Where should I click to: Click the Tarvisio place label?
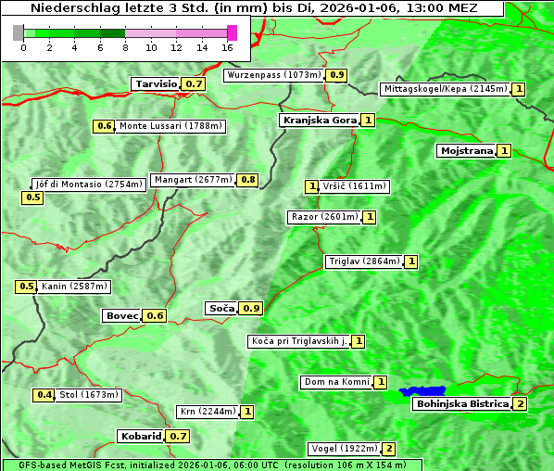[156, 83]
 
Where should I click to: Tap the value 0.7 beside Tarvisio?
[193, 83]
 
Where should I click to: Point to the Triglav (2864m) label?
[364, 261]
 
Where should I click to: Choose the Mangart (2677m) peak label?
[193, 180]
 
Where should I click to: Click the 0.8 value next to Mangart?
[247, 180]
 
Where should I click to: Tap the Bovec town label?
[121, 315]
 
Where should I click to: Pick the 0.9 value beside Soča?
[251, 308]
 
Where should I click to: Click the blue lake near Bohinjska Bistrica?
[422, 391]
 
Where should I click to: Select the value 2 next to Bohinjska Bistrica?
[521, 403]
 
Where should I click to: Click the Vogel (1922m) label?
[344, 449]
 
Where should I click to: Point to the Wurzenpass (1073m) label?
[274, 75]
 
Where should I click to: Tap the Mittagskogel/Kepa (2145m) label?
[446, 89]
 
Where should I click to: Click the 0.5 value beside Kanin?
[26, 286]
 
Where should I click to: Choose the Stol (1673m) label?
[89, 395]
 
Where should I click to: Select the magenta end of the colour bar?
[232, 32]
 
